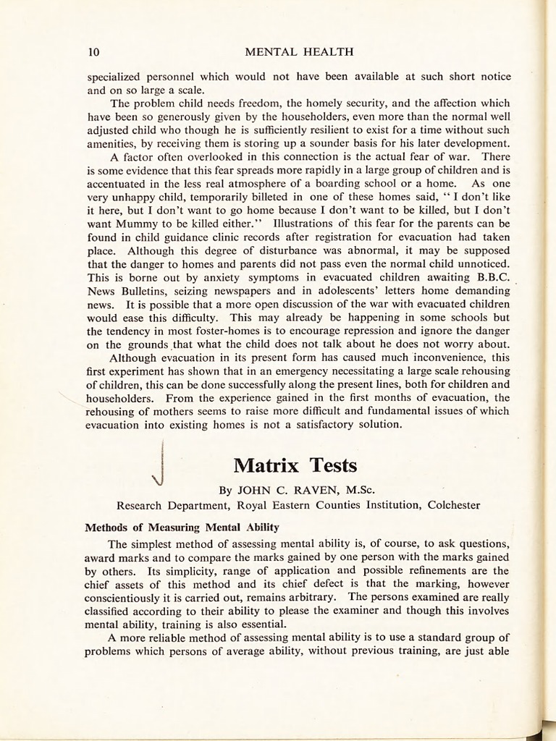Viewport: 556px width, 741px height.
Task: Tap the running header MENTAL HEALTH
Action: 300,52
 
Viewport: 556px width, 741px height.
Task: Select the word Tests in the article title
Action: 332,464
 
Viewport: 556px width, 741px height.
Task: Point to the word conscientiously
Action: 129,598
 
